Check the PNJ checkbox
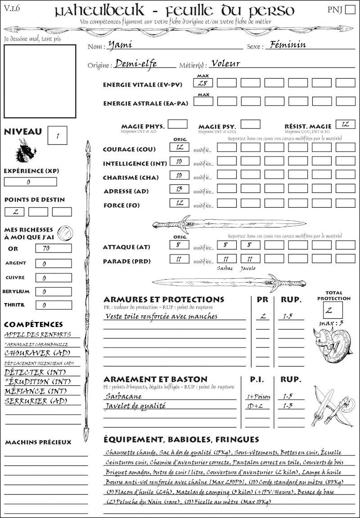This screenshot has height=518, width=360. point(349,10)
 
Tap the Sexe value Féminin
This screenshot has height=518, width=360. point(286,45)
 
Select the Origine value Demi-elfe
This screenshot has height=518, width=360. point(135,63)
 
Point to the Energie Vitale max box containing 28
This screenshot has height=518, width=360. point(203,83)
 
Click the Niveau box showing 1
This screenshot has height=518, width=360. point(58,134)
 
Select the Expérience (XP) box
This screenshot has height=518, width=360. point(30,182)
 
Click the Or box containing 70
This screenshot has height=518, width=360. point(53,248)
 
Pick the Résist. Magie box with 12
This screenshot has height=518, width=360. point(345,124)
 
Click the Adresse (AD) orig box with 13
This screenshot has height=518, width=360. point(179,189)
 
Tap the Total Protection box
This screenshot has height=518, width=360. point(333,310)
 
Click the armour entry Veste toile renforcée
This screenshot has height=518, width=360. point(161,316)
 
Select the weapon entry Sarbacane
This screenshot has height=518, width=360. point(123,396)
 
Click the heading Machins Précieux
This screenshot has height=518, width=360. point(38,442)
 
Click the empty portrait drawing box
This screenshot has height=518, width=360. point(40,81)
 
